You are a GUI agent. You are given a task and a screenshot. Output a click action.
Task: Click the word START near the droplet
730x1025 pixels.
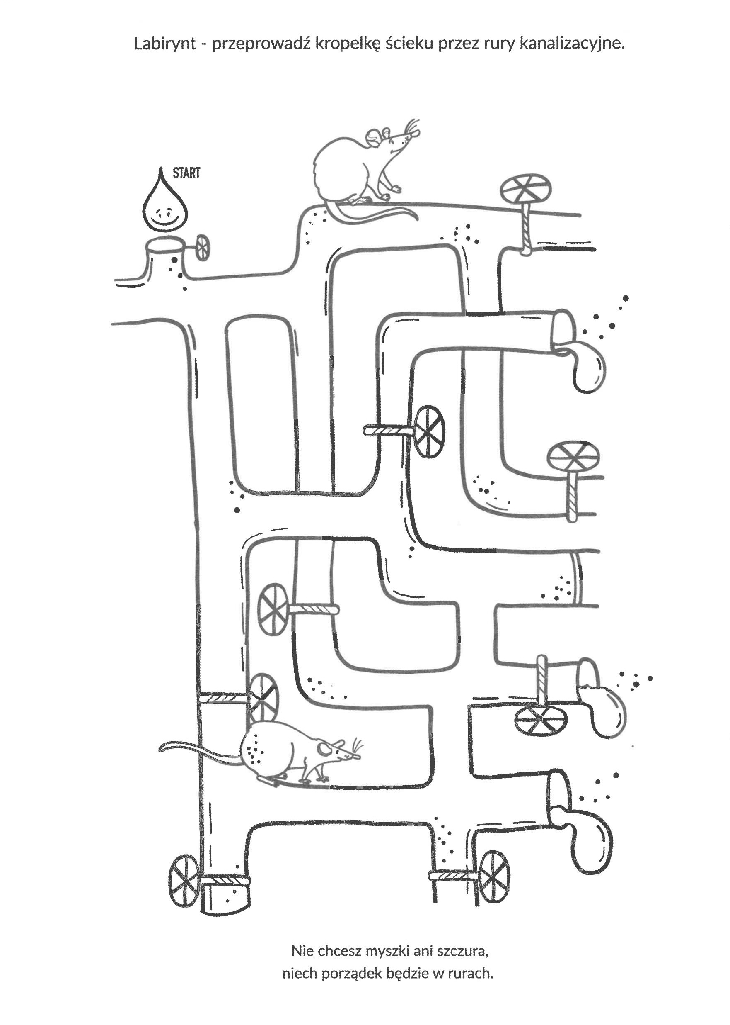[x=186, y=173]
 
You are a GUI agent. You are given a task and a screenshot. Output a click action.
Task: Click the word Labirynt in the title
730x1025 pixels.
[x=164, y=44]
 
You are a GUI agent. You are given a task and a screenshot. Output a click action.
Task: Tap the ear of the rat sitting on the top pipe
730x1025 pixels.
[x=374, y=136]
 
